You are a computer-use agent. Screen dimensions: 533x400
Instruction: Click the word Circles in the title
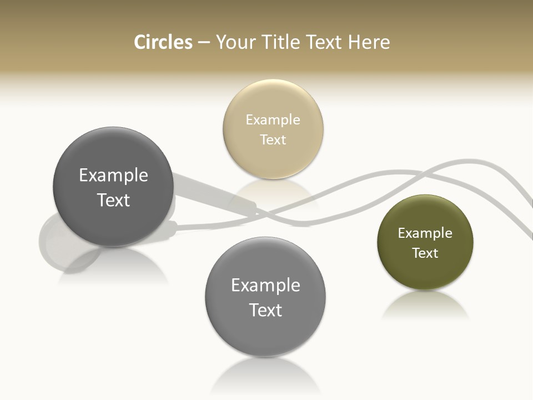(163, 42)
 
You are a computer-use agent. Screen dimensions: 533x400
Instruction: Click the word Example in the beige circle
(273, 119)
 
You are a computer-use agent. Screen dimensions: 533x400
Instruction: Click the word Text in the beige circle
(273, 139)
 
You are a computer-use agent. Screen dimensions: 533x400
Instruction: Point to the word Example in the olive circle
(425, 233)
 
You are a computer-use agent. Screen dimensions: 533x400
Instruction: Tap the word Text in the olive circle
(425, 253)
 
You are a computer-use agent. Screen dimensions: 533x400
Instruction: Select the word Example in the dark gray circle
(113, 175)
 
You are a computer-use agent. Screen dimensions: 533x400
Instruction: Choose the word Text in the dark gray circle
(113, 200)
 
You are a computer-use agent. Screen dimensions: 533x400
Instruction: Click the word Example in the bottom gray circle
(265, 285)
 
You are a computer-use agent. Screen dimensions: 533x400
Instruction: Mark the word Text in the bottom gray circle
(265, 310)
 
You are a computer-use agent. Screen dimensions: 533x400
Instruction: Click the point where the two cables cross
(265, 213)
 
